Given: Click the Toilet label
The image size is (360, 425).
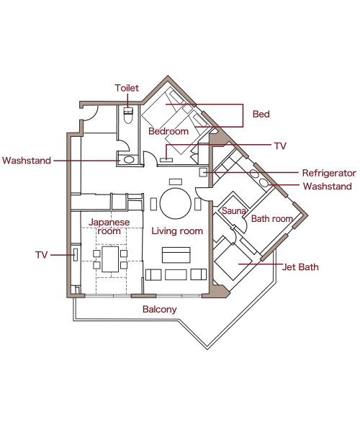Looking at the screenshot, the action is pos(127,88).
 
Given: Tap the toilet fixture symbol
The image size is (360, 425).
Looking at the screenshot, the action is pos(128,115).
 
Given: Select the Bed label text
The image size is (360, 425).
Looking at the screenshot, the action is pos(261,114).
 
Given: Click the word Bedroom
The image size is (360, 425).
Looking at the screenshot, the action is pos(168,131).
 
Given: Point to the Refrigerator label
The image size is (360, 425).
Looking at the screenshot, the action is pos(329,173).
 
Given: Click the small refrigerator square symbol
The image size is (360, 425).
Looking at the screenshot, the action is pos(203,172).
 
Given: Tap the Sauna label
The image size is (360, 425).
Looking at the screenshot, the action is pos(234,210).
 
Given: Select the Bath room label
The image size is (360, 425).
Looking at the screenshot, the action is pos(272,218).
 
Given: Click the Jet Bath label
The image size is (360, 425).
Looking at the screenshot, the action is pos(300,267).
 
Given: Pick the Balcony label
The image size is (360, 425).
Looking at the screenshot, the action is pos(160,309).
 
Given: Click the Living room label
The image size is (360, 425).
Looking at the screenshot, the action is pos(177,231).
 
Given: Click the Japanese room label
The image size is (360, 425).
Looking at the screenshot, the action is pos(109,227).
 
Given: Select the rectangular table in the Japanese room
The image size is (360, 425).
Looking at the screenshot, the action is pos(110,259).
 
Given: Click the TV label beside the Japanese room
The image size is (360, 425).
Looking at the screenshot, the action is pos(42,255).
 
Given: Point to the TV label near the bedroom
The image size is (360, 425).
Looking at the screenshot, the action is pos(280,146).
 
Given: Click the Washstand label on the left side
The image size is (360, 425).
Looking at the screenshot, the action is pos(27,161).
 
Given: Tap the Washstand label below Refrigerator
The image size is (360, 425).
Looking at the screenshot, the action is pos(328,187).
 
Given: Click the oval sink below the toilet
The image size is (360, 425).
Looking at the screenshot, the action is pos(129,159).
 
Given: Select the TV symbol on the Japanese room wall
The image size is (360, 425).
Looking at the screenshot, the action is pos(76,255).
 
